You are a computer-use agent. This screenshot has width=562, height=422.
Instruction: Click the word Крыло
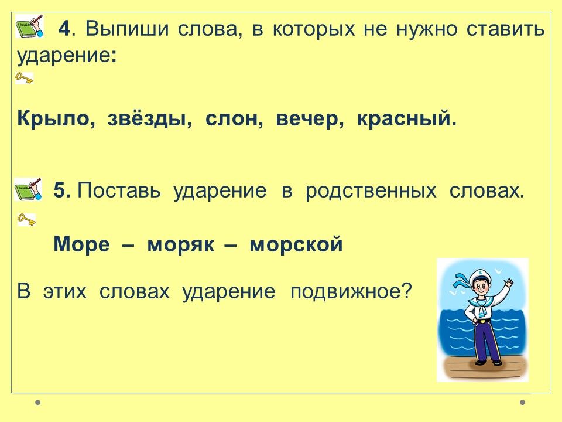[x=53, y=119]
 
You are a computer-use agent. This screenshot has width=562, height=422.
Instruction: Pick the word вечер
[x=307, y=120]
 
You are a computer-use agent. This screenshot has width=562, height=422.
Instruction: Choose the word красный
[x=404, y=119]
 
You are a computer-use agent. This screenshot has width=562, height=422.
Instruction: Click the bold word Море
[x=82, y=244]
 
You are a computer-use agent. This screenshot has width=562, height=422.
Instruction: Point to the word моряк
[x=181, y=245]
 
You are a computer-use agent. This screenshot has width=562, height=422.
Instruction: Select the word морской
[x=296, y=244]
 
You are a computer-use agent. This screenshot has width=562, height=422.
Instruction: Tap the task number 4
[x=64, y=28]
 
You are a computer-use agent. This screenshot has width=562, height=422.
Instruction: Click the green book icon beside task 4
[x=29, y=26]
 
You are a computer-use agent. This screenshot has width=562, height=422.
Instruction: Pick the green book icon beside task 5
[x=28, y=189]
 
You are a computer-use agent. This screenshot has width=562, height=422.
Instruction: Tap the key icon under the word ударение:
[x=25, y=78]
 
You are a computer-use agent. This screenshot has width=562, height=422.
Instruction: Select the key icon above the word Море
[x=26, y=219]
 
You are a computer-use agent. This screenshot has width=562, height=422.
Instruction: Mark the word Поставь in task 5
[x=119, y=190]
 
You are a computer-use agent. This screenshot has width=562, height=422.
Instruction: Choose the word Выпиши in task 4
[x=127, y=28]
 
